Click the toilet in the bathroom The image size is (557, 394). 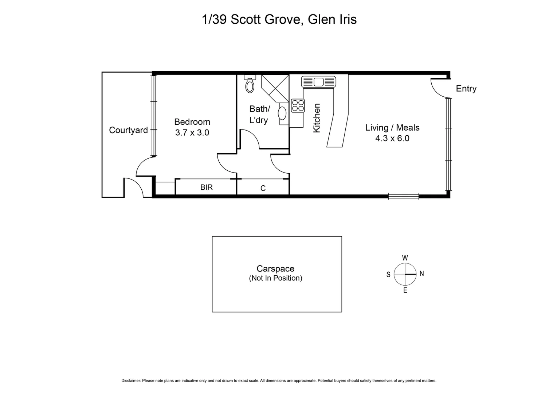tap(250, 85)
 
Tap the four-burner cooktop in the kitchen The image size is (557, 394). tap(298, 105)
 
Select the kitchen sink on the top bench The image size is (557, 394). tap(319, 82)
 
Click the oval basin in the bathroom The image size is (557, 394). tap(282, 113)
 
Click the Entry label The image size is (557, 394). tap(466, 89)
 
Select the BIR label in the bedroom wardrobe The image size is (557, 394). tap(206, 188)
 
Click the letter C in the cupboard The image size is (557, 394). tap(263, 188)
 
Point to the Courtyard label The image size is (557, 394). tap(128, 130)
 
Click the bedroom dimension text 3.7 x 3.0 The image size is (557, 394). tap(192, 133)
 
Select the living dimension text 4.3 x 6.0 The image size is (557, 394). tap(392, 139)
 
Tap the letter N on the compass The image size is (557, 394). tap(421, 274)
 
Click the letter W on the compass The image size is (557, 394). tap(405, 258)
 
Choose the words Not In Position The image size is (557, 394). tap(275, 278)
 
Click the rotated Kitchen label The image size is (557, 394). tap(317, 118)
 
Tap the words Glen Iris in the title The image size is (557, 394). tap(332, 19)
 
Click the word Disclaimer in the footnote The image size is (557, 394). tap(131, 381)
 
